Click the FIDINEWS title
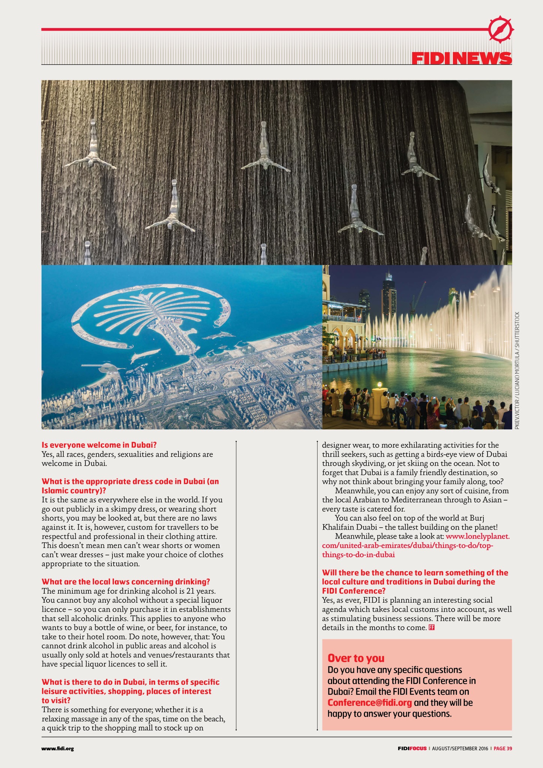tap(461, 58)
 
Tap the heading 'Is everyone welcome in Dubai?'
tap(99, 445)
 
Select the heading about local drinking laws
tap(126, 582)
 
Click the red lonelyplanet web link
tap(415, 545)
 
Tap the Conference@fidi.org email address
tap(369, 702)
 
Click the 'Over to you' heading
tap(356, 658)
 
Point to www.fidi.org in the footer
tap(57, 748)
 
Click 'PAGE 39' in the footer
tap(502, 748)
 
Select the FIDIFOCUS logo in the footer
tap(412, 748)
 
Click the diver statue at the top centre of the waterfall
tap(264, 148)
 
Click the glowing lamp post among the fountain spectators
tap(379, 386)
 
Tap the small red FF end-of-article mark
tap(431, 627)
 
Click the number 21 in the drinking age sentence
tap(191, 591)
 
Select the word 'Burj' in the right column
tap(477, 518)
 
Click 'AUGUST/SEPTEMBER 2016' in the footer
tap(460, 748)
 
